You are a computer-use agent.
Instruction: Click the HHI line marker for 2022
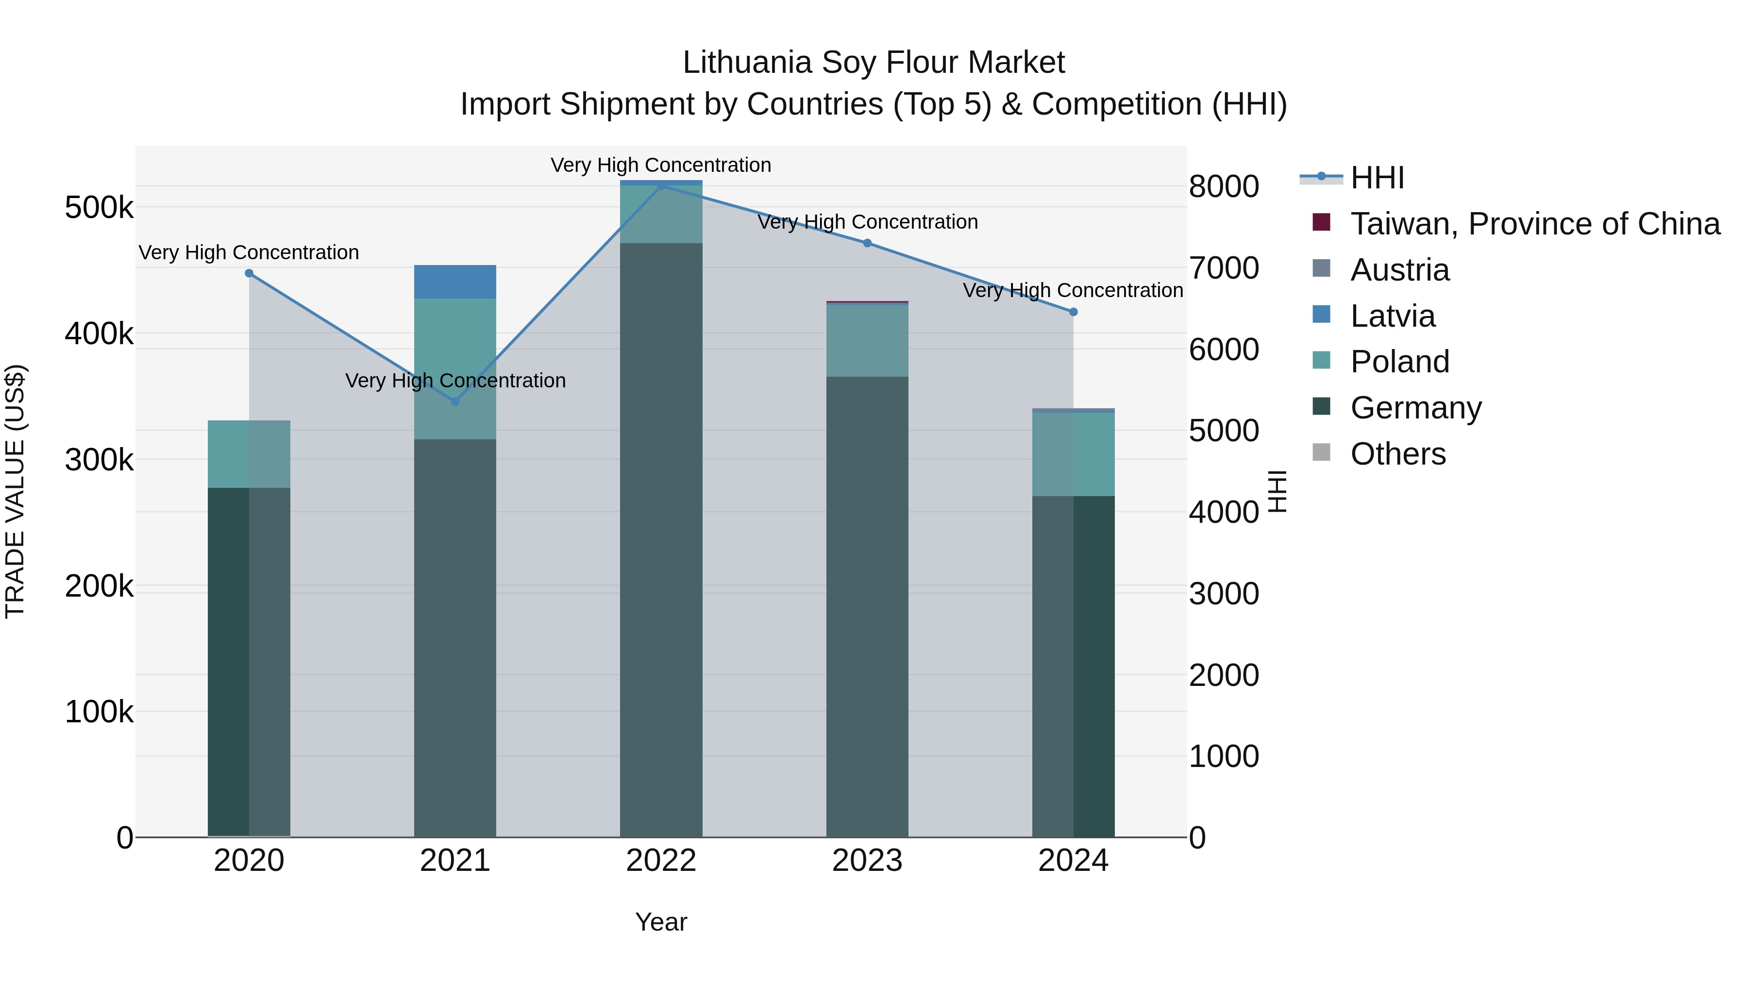click(661, 185)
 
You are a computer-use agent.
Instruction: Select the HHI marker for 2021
click(455, 401)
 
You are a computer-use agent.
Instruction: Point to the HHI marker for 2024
click(1073, 312)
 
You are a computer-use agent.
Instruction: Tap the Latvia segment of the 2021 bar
click(455, 282)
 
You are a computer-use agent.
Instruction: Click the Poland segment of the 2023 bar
click(867, 341)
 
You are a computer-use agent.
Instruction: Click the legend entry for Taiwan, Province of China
click(1535, 224)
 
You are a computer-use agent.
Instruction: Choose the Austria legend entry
click(1399, 270)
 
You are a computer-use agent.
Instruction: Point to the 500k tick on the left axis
click(99, 208)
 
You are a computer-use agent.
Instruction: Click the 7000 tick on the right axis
click(1224, 268)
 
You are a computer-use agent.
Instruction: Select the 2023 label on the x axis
click(867, 861)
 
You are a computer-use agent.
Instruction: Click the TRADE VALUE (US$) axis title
click(16, 491)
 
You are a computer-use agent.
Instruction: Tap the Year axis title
click(661, 922)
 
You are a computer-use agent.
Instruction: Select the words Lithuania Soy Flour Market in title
click(874, 63)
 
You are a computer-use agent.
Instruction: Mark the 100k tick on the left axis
click(99, 712)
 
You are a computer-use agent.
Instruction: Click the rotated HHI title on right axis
click(1277, 491)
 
